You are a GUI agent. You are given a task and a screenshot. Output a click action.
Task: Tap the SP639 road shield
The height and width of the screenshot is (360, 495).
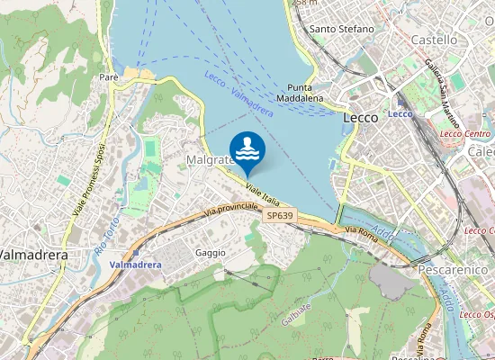(280, 216)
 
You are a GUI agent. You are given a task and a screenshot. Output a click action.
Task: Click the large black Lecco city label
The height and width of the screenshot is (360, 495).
(361, 117)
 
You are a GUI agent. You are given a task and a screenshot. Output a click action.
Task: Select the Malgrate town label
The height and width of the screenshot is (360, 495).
(209, 159)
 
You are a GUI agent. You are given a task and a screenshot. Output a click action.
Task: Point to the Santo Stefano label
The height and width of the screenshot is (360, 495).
(341, 29)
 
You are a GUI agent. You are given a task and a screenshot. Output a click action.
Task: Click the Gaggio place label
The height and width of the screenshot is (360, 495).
(211, 253)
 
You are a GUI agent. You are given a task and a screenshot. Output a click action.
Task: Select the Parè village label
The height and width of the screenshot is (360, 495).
(110, 77)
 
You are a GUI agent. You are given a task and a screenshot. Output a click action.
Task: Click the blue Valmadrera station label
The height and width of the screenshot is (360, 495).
(135, 265)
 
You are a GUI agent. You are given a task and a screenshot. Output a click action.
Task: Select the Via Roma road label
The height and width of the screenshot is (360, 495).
(362, 231)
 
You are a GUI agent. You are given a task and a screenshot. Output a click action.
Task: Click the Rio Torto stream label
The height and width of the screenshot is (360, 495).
(106, 236)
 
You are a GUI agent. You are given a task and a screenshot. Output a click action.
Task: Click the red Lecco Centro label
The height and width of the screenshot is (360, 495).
(465, 134)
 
